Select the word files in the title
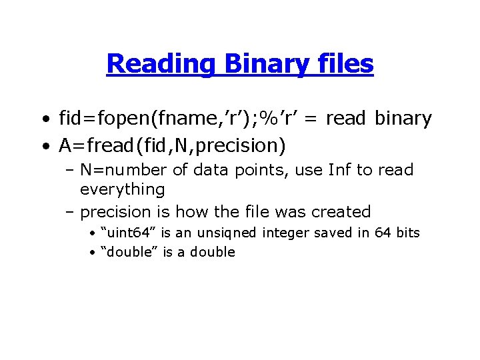click(x=347, y=64)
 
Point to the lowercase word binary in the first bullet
click(x=403, y=119)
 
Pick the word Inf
click(x=340, y=170)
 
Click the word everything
click(x=122, y=189)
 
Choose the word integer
click(x=285, y=232)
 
